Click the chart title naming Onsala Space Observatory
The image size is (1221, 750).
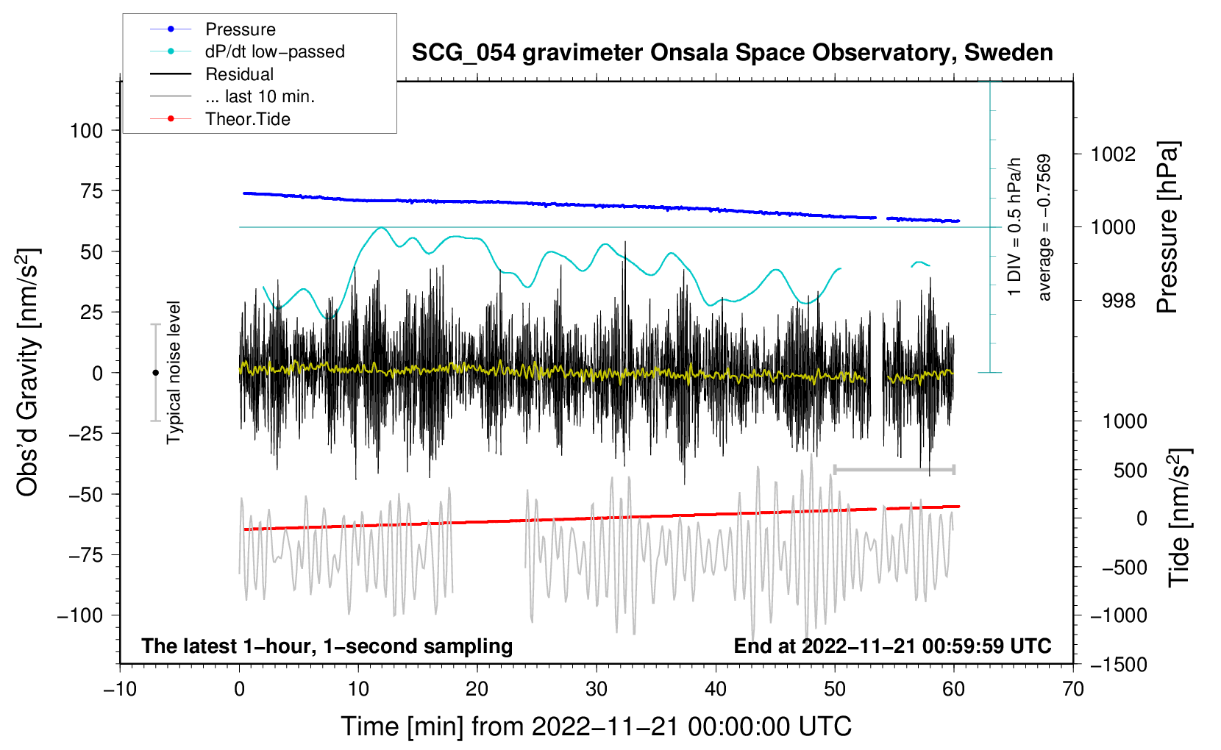(732, 53)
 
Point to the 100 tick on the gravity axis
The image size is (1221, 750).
(86, 131)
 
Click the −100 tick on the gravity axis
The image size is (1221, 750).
(80, 615)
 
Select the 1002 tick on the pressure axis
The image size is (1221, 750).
(1113, 154)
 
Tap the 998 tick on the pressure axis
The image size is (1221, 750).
(1119, 300)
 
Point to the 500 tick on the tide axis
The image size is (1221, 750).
(1130, 471)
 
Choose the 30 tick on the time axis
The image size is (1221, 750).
(597, 689)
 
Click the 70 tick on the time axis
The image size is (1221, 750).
(1072, 689)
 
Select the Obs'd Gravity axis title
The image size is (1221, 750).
(27, 372)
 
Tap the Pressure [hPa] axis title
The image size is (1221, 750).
(1167, 227)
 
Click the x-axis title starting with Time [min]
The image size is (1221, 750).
(596, 726)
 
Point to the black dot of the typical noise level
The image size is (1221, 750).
(155, 373)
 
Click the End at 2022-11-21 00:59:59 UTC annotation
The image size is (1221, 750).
(892, 646)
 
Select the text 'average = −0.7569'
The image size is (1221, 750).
(1044, 227)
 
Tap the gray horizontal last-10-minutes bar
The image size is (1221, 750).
(894, 470)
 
